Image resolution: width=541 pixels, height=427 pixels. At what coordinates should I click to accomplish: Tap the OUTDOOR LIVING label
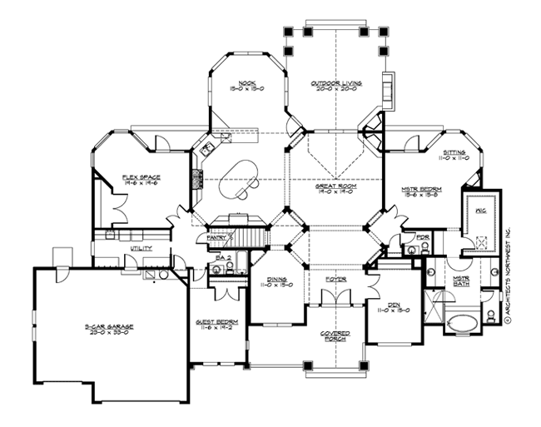coord(335,83)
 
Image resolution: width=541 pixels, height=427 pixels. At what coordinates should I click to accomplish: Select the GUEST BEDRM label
coord(218,320)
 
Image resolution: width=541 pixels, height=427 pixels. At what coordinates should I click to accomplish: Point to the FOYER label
coord(335,279)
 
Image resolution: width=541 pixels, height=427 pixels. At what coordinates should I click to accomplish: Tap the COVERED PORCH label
coord(335,335)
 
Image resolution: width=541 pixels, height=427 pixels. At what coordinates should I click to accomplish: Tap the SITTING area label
coord(454,153)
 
